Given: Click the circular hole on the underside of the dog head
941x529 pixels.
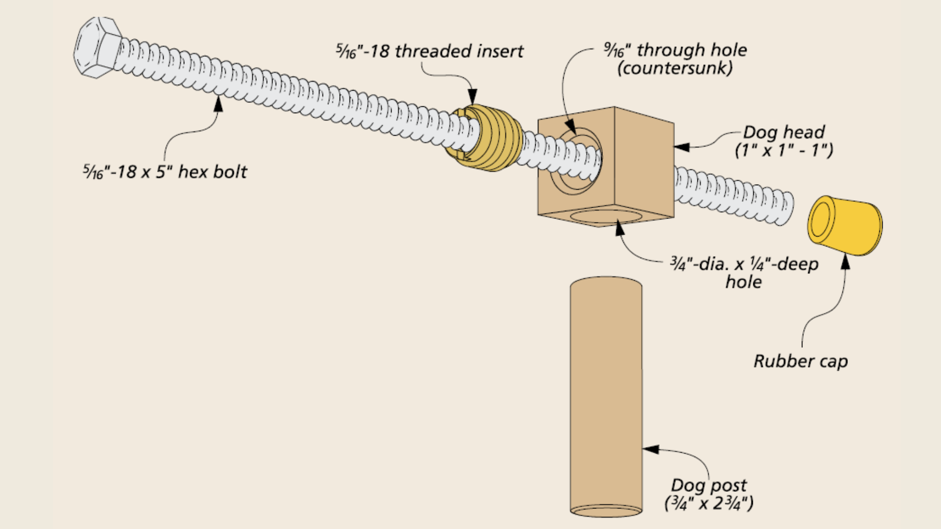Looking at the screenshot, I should (605, 216).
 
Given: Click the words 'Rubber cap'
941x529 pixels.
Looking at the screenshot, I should (800, 361).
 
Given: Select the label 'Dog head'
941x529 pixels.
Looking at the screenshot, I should (784, 132).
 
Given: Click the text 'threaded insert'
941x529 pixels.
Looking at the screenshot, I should (459, 51).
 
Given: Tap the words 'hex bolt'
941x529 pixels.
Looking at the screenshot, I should (213, 172).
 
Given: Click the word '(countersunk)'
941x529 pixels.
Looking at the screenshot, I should (675, 68).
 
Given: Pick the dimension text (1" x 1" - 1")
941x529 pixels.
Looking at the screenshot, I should (784, 150).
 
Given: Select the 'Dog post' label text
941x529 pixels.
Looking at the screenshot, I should (709, 485).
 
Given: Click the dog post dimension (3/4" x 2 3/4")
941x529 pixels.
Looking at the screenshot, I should (709, 503).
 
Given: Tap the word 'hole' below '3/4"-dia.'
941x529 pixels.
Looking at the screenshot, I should (743, 282).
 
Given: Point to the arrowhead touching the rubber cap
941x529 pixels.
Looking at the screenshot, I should (845, 262).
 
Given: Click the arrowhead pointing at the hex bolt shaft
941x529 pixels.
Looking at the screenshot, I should (218, 103).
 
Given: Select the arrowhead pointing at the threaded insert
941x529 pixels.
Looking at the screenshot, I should (472, 96).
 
